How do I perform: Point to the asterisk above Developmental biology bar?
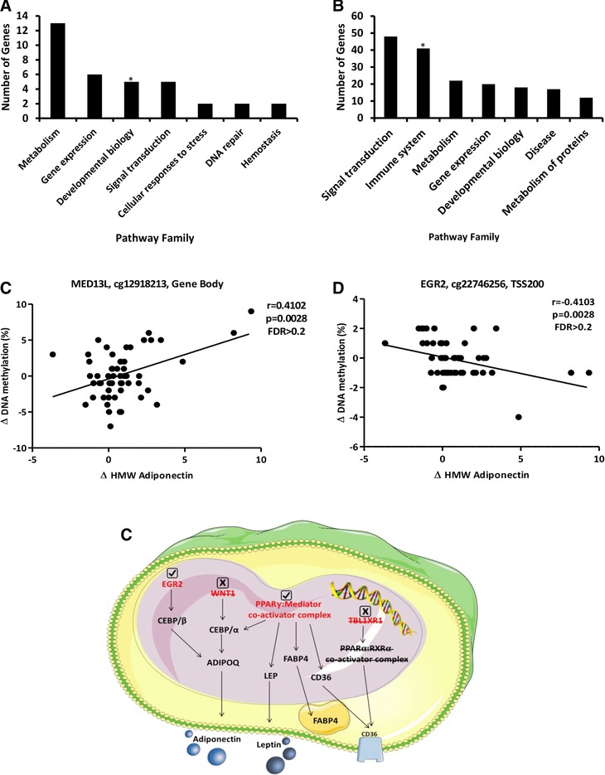[132, 80]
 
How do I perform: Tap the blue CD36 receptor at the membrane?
[388, 750]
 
